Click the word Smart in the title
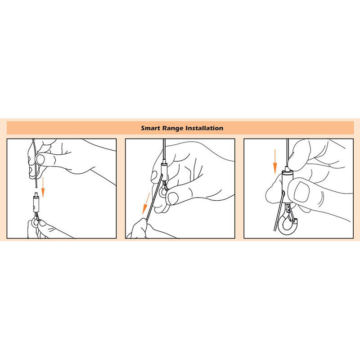coord(150,128)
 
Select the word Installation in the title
coord(204,128)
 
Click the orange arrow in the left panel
coord(43,187)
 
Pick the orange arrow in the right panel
coord(275,162)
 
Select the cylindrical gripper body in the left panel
coord(36,204)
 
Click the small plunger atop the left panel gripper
coord(36,195)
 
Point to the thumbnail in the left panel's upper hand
coord(40,159)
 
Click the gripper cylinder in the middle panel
coord(164,172)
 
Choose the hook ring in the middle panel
coord(163,192)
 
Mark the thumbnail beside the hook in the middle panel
coord(173,198)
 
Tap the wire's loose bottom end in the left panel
coord(36,187)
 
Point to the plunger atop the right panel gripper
coord(287,169)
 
